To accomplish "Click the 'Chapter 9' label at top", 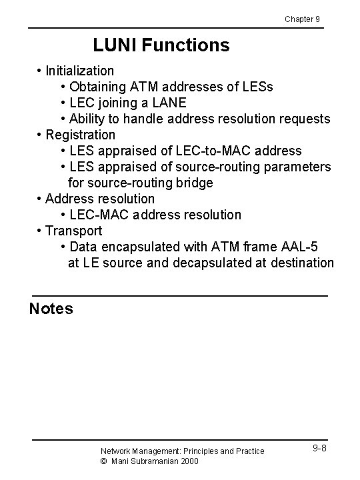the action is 302,19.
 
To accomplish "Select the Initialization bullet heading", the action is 79,71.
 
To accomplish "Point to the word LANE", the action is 169,103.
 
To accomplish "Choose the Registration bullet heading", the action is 80,135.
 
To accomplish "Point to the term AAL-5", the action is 305,247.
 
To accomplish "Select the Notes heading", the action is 51,309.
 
